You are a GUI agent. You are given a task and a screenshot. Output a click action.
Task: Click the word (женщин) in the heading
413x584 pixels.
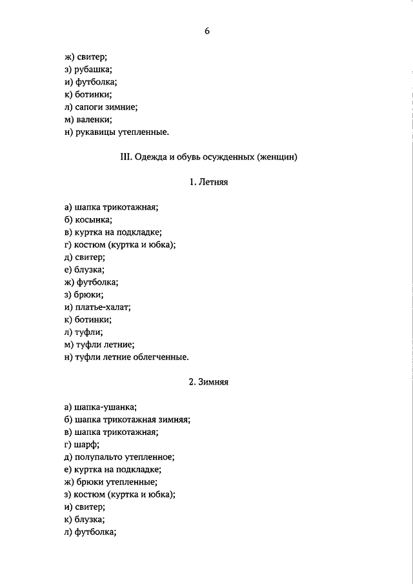point(277,157)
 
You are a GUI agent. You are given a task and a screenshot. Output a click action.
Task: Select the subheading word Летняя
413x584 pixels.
point(212,183)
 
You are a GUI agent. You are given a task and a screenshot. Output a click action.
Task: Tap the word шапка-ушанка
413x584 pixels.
point(105,407)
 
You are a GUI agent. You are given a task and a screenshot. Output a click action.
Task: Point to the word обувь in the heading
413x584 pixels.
point(190,157)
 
